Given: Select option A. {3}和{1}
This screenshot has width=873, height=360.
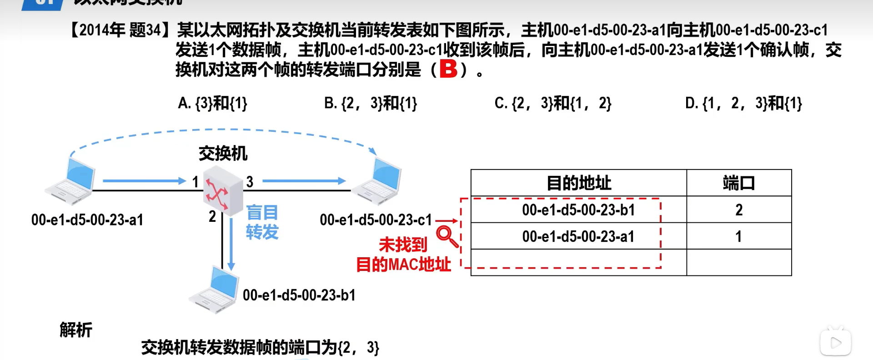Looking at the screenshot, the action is click(212, 104).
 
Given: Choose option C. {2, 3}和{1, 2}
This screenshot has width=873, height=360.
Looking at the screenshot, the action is click(552, 104).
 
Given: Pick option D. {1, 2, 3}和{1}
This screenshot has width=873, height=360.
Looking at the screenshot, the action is click(743, 104).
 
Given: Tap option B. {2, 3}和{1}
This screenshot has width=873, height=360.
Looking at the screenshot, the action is click(370, 104).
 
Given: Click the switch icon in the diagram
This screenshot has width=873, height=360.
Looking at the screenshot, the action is click(222, 190).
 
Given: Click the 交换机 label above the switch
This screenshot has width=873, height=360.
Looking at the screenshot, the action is click(223, 154).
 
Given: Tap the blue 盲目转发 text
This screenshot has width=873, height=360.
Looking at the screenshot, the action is click(262, 222).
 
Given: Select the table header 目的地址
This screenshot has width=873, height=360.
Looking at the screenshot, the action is click(578, 183).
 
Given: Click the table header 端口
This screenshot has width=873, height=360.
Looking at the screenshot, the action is click(738, 183).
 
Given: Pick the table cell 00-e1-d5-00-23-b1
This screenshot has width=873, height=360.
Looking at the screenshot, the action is click(578, 210).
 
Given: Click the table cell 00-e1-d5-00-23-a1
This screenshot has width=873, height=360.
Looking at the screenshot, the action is click(578, 236).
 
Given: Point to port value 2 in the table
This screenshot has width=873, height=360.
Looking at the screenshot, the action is click(739, 210).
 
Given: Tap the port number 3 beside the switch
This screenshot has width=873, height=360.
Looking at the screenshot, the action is click(250, 182).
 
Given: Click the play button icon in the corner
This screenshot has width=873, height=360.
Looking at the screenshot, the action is click(836, 343).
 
